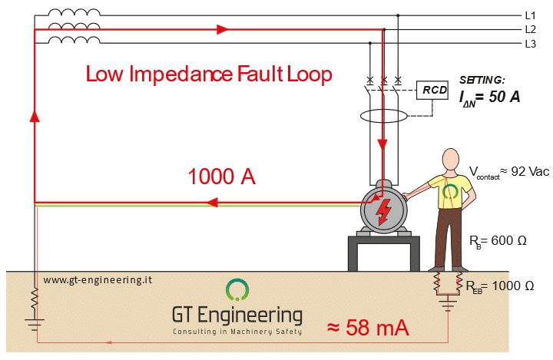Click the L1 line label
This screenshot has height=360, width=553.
point(530,15)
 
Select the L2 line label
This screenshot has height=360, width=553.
point(530,29)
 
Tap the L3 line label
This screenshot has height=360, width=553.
point(530,44)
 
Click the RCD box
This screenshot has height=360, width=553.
point(432,91)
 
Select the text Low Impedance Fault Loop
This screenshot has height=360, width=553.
point(208,74)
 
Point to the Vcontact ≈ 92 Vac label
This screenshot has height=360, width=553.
point(509,172)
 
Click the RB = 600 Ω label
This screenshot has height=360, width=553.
point(498,240)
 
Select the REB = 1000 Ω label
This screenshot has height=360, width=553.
point(499,286)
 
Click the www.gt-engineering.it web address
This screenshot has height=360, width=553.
point(98,280)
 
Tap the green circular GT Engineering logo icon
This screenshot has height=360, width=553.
point(237,290)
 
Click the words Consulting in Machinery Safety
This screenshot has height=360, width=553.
point(237,332)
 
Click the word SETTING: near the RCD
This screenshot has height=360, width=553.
point(482,80)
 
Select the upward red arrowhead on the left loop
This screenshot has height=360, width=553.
point(35,116)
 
